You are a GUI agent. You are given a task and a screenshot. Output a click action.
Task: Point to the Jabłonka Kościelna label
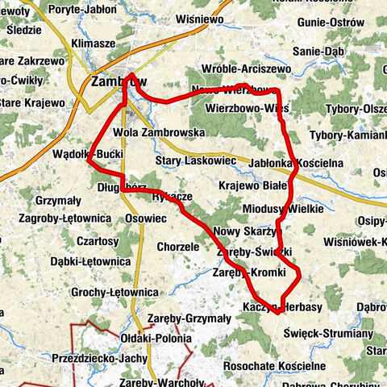pyautogui.click(x=298, y=162)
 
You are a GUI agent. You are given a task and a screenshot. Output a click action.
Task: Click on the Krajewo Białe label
pyautogui.click(x=253, y=185)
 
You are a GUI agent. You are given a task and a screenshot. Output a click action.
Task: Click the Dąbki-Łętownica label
pyautogui.click(x=89, y=261)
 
